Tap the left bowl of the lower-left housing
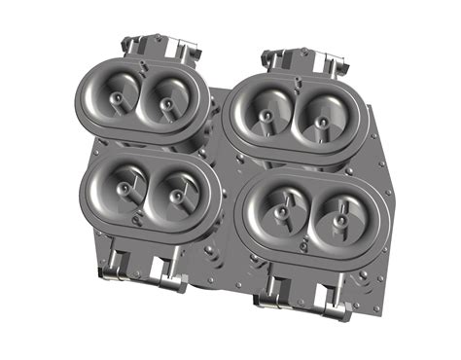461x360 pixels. (x=124, y=185)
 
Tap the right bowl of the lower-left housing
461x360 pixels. (x=176, y=193)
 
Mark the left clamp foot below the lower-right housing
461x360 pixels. (x=275, y=297)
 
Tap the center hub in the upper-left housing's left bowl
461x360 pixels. (x=117, y=99)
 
